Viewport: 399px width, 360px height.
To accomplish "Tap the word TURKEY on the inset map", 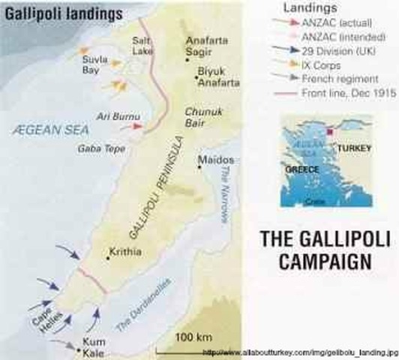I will [x=354, y=148].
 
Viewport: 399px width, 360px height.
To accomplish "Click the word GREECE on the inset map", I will [x=302, y=170].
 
